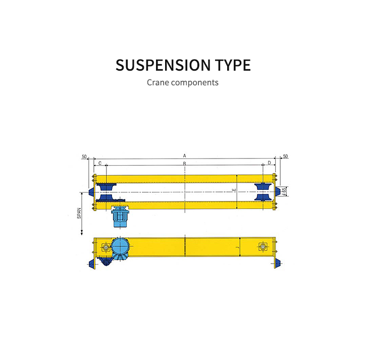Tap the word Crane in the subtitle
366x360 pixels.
point(158,82)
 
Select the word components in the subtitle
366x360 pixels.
point(195,82)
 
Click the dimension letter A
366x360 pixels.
point(185,156)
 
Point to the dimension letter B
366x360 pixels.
point(185,164)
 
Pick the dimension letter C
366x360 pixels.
point(100,163)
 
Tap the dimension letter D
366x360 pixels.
point(269,163)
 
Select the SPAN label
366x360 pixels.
point(79,213)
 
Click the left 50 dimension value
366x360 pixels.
point(84,157)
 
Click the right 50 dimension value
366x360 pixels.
point(285,157)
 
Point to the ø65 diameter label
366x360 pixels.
point(285,191)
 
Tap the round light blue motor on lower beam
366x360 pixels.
point(121,247)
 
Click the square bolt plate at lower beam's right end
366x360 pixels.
point(263,247)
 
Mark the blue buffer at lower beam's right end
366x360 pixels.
point(276,263)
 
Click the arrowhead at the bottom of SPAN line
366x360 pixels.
point(81,233)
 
